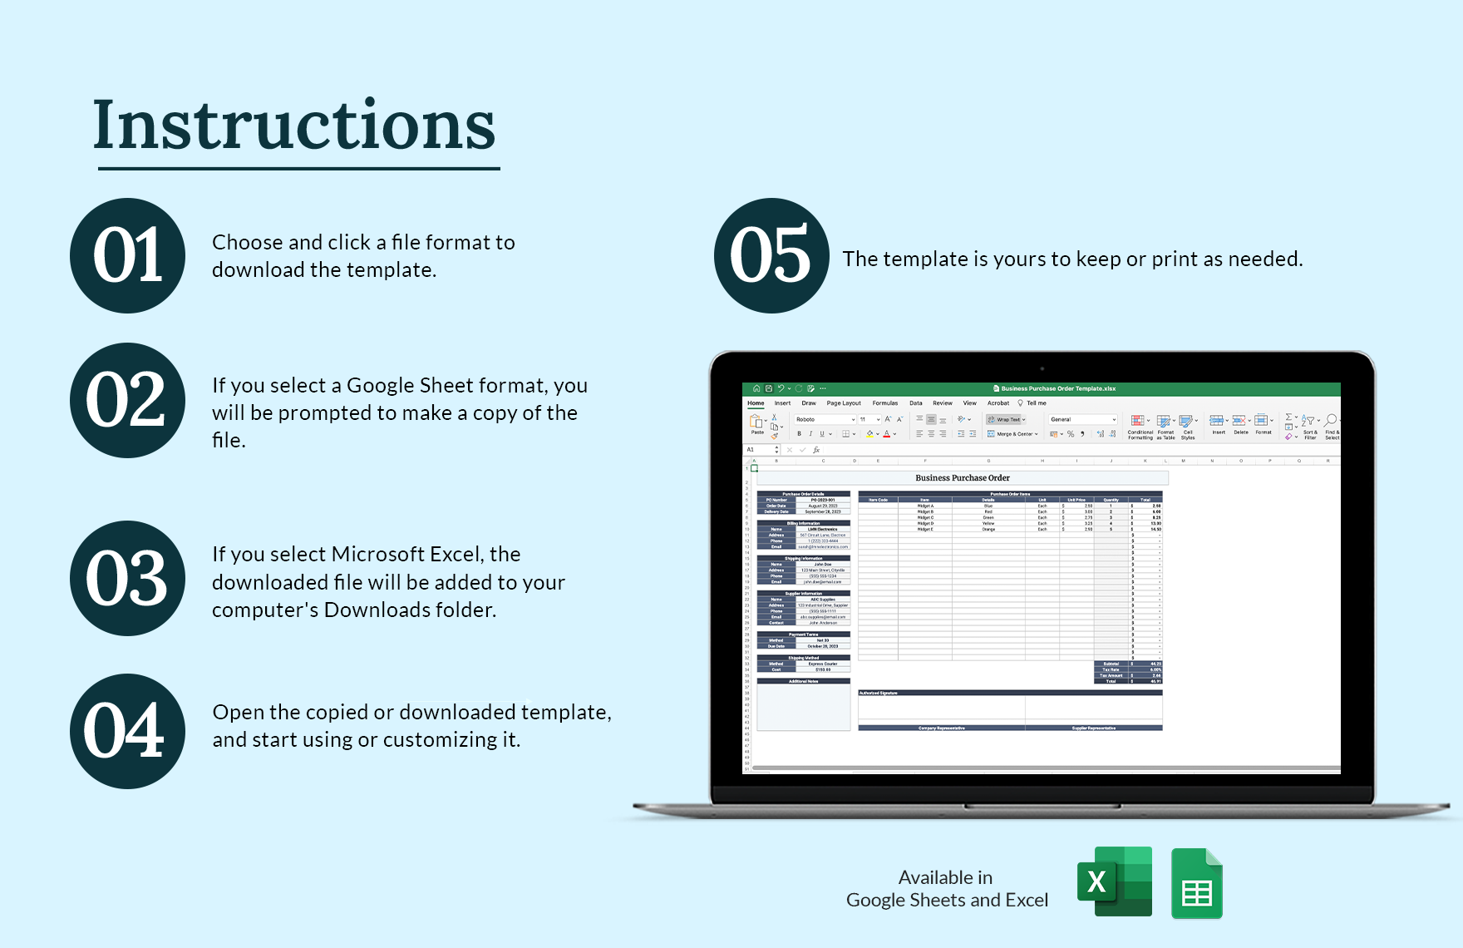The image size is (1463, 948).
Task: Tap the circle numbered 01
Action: pyautogui.click(x=128, y=255)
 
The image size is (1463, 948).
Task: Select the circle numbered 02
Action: pyautogui.click(x=128, y=400)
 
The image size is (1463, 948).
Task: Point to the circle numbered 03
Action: pyautogui.click(x=128, y=578)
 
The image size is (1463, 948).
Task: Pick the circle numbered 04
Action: pyautogui.click(x=128, y=731)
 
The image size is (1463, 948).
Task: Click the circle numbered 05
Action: pyautogui.click(x=771, y=255)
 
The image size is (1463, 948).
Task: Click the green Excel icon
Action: pyautogui.click(x=1115, y=881)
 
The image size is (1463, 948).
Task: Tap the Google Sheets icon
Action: pyautogui.click(x=1196, y=884)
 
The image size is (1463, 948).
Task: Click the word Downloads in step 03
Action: pyautogui.click(x=370, y=610)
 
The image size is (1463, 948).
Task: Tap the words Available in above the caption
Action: pyautogui.click(x=945, y=877)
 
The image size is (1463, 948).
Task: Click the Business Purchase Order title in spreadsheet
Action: pyautogui.click(x=963, y=478)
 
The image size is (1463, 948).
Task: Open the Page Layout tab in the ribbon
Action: pyautogui.click(x=844, y=403)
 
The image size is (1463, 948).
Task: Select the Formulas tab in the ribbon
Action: pyautogui.click(x=884, y=403)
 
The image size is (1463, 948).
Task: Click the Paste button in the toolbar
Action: pyautogui.click(x=757, y=424)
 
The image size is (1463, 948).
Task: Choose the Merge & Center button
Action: pyautogui.click(x=1013, y=434)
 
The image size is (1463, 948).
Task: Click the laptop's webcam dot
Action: pyautogui.click(x=1042, y=368)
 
